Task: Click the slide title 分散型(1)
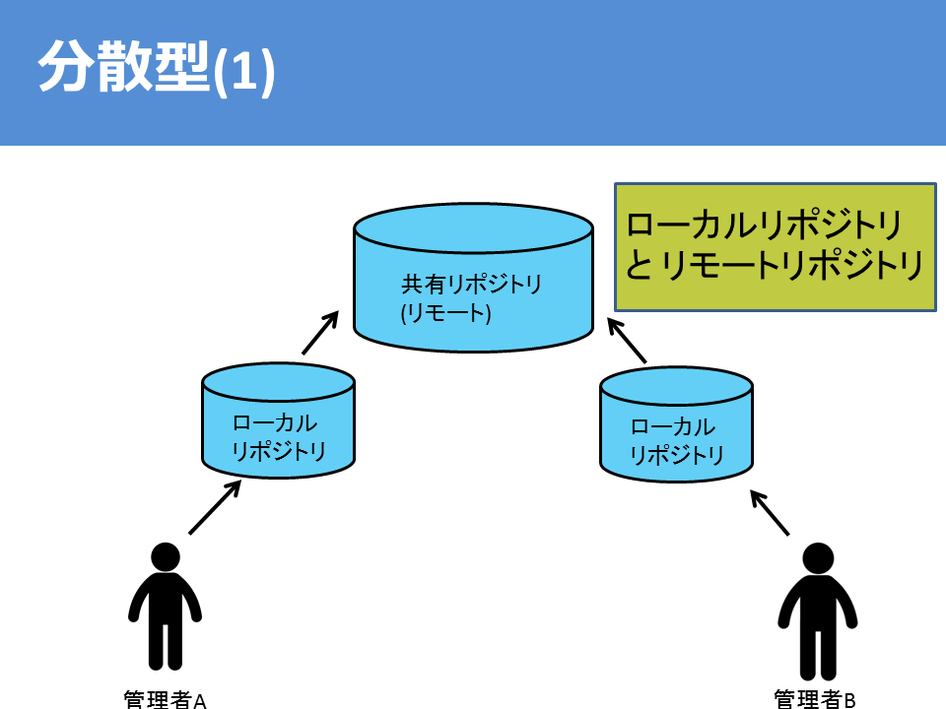[x=157, y=68]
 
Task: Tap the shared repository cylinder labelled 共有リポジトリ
[x=474, y=278]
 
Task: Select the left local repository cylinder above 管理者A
[x=278, y=420]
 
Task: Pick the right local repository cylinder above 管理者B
[x=676, y=424]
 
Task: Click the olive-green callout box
[x=776, y=247]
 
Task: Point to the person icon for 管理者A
[x=165, y=606]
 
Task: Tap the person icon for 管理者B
[x=818, y=611]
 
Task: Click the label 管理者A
[x=165, y=699]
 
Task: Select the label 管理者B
[x=815, y=699]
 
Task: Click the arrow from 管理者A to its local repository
[x=215, y=507]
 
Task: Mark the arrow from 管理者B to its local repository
[x=770, y=512]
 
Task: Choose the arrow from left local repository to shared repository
[x=319, y=333]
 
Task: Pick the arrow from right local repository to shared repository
[x=627, y=342]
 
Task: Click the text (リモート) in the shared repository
[x=445, y=313]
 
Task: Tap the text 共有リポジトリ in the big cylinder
[x=471, y=284]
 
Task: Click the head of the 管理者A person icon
[x=166, y=557]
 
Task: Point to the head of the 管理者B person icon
[x=818, y=558]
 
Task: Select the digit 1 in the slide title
[x=243, y=71]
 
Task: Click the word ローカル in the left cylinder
[x=275, y=422]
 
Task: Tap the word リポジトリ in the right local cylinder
[x=676, y=455]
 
